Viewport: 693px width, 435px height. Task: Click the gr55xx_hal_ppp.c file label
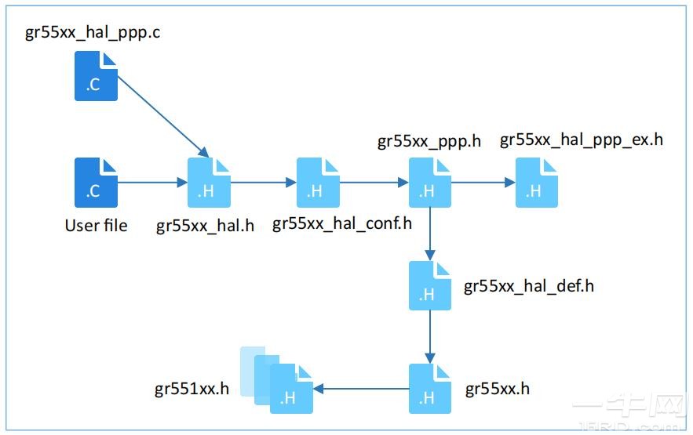point(93,34)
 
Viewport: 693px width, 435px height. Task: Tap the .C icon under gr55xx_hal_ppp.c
point(96,76)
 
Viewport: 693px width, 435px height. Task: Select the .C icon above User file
point(96,182)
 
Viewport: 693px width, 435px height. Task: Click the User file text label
point(96,226)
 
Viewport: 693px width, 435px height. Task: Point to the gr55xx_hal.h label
point(205,226)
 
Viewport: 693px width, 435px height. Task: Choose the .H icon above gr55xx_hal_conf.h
point(318,182)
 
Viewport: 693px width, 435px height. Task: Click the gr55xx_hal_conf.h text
point(341,223)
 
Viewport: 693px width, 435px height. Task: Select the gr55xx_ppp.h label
point(429,141)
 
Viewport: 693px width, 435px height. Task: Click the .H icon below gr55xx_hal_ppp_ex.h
point(537,182)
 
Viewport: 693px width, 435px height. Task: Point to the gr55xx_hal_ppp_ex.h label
point(581,140)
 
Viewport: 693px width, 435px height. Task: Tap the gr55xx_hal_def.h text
point(528,286)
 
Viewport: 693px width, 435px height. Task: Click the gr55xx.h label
point(497,389)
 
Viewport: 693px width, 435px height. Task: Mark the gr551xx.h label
point(192,388)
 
